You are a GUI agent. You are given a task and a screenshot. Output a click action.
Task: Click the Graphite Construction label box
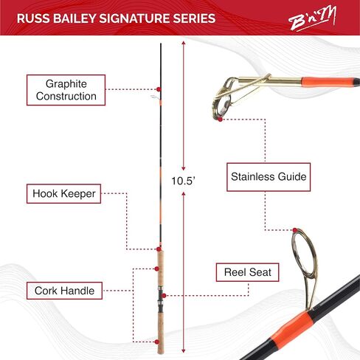pos(66,90)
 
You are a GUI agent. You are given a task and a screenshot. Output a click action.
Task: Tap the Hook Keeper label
pos(63,193)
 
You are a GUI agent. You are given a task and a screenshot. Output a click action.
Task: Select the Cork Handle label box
pos(64,291)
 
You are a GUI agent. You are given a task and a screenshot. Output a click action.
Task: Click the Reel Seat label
pos(247,272)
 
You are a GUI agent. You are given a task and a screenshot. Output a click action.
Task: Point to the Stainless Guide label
pos(269,177)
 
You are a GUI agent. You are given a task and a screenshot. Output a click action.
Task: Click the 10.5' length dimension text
pos(183,181)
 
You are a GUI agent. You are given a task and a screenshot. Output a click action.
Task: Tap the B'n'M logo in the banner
pos(312,19)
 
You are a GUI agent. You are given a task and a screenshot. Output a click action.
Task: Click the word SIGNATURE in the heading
pos(134,18)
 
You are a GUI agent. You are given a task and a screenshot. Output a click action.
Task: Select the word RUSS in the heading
pos(33,18)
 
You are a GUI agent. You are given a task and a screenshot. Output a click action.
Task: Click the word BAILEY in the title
pos(75,18)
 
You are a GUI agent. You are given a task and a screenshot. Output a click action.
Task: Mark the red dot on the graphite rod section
pos(159,89)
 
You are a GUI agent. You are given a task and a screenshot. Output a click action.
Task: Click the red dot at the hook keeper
pos(159,249)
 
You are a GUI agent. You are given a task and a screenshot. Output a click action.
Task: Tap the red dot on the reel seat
pos(164,295)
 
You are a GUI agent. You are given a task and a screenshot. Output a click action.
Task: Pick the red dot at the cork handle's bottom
pos(156,342)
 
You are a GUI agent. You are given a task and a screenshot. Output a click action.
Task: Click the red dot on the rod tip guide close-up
pos(220,120)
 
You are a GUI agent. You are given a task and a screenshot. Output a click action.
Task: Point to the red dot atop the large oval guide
pos(295,230)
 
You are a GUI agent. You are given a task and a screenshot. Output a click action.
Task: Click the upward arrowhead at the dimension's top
pos(183,44)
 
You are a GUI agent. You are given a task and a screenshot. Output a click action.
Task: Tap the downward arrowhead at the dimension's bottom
pos(183,351)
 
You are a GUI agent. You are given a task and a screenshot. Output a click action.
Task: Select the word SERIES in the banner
pos(194,18)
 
